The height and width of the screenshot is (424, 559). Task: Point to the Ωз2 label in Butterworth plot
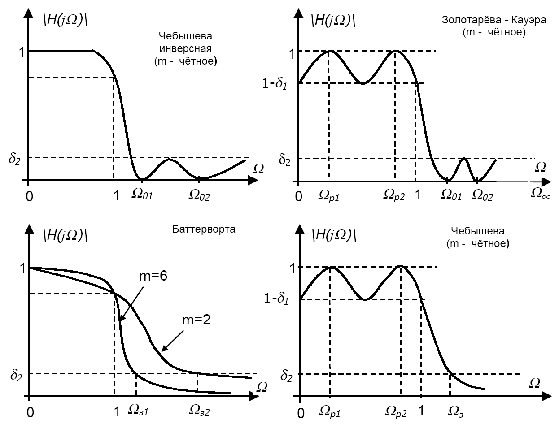click(x=200, y=410)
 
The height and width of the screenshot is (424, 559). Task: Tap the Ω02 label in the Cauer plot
click(x=483, y=195)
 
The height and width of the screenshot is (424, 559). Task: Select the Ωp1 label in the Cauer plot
click(x=329, y=195)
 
